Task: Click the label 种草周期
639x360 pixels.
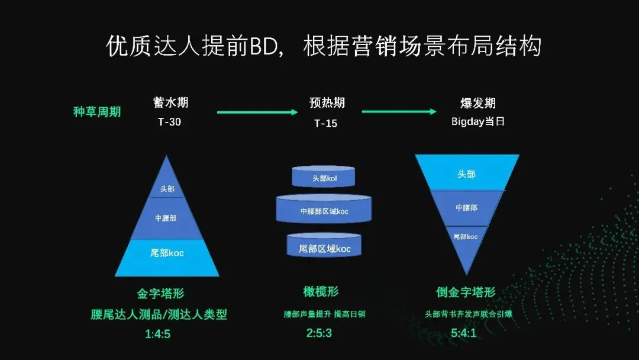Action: click(x=96, y=111)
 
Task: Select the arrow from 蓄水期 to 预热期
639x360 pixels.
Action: click(x=257, y=111)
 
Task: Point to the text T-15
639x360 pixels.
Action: click(x=326, y=123)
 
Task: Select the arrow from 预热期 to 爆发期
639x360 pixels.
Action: click(x=399, y=111)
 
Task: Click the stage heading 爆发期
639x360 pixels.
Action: click(x=477, y=102)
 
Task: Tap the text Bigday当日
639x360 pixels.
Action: click(x=477, y=121)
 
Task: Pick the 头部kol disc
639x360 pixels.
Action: click(x=324, y=177)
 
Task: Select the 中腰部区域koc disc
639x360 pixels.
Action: click(x=324, y=211)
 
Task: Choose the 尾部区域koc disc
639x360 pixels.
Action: click(x=324, y=247)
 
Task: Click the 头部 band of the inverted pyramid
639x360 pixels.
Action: click(x=466, y=173)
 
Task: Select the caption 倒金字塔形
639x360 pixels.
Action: click(x=466, y=292)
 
